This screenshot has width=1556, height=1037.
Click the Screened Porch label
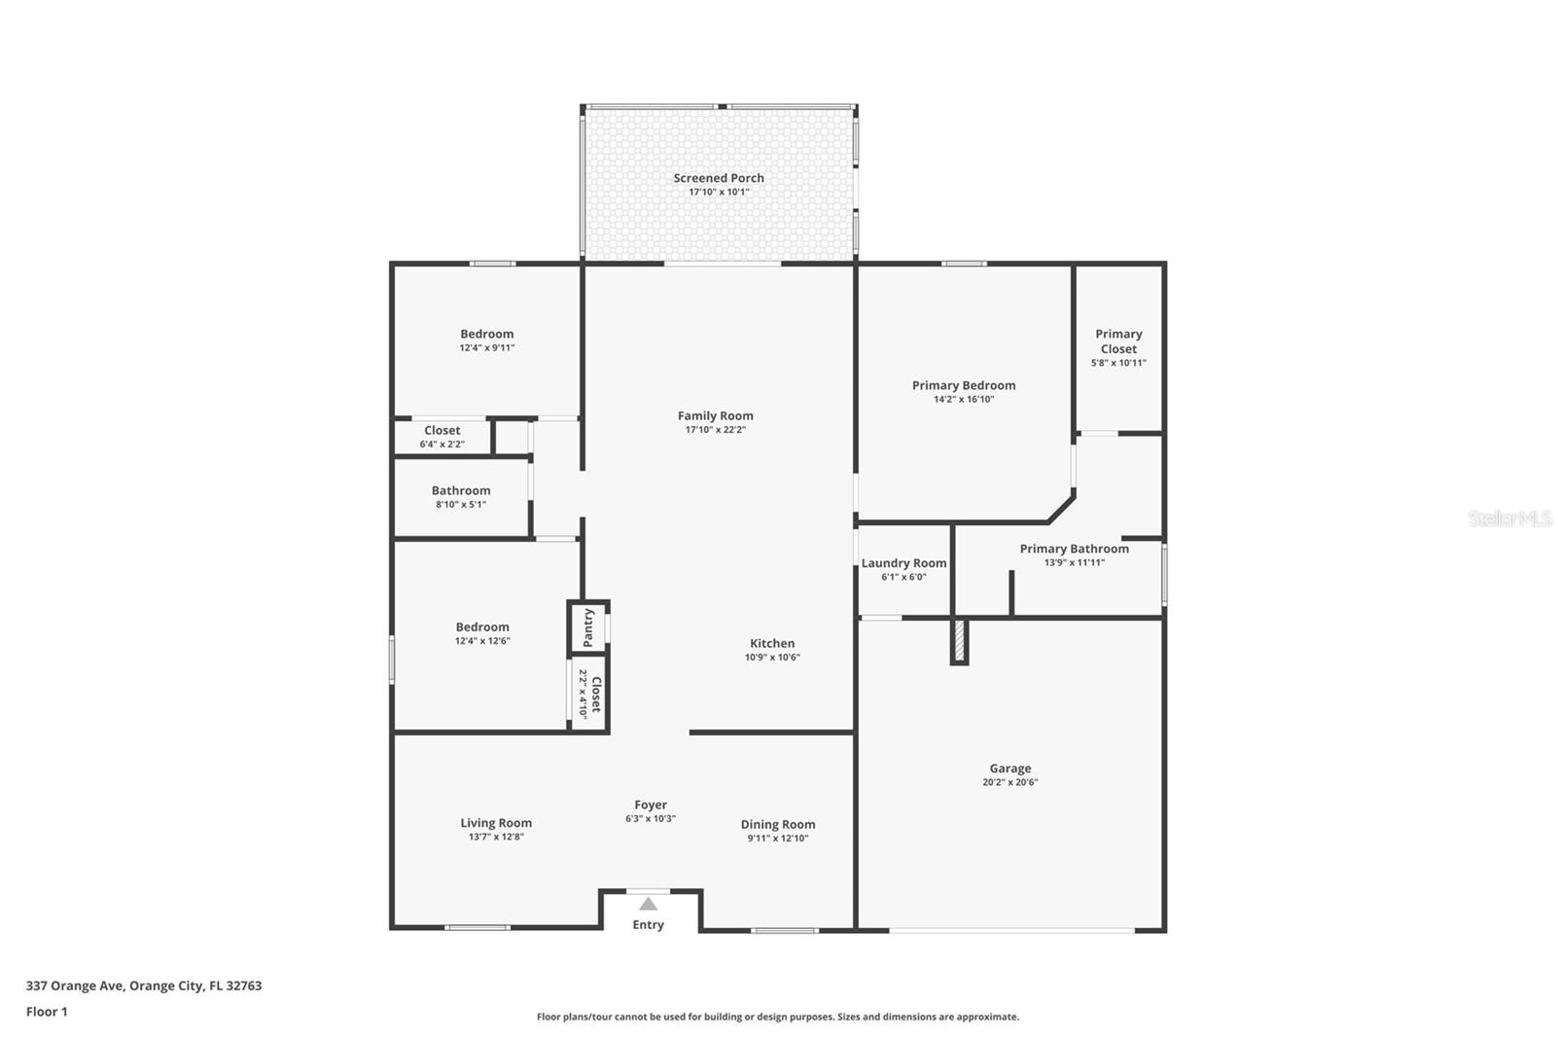coord(719,178)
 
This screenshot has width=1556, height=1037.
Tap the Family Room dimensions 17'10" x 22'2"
coord(716,430)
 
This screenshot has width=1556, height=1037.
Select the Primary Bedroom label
coord(964,385)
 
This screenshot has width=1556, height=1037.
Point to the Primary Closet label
coord(1118,341)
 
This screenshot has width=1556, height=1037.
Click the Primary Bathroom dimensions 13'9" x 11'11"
coord(1074,562)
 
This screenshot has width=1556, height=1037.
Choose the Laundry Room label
coord(903,563)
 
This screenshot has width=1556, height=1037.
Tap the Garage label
coord(1010,768)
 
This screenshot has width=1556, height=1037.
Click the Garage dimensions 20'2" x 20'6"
coord(1010,782)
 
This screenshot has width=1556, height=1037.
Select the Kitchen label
coord(772,643)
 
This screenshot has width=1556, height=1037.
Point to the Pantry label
coord(589,627)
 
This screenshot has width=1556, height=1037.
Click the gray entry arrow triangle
coord(648,905)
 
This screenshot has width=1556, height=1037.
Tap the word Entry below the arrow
coord(648,924)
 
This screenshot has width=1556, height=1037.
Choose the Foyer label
coord(651,805)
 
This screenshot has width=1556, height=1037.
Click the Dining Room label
coord(777,824)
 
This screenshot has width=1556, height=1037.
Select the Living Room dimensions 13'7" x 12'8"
coord(496,837)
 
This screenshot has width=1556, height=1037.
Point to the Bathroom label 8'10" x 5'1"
coord(461,490)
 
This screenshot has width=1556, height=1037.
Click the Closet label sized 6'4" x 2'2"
coord(442,430)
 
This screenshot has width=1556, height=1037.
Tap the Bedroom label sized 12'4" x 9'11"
coord(487,334)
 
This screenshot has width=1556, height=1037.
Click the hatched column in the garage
coord(959,640)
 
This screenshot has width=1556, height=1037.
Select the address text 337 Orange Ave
coord(75,985)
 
